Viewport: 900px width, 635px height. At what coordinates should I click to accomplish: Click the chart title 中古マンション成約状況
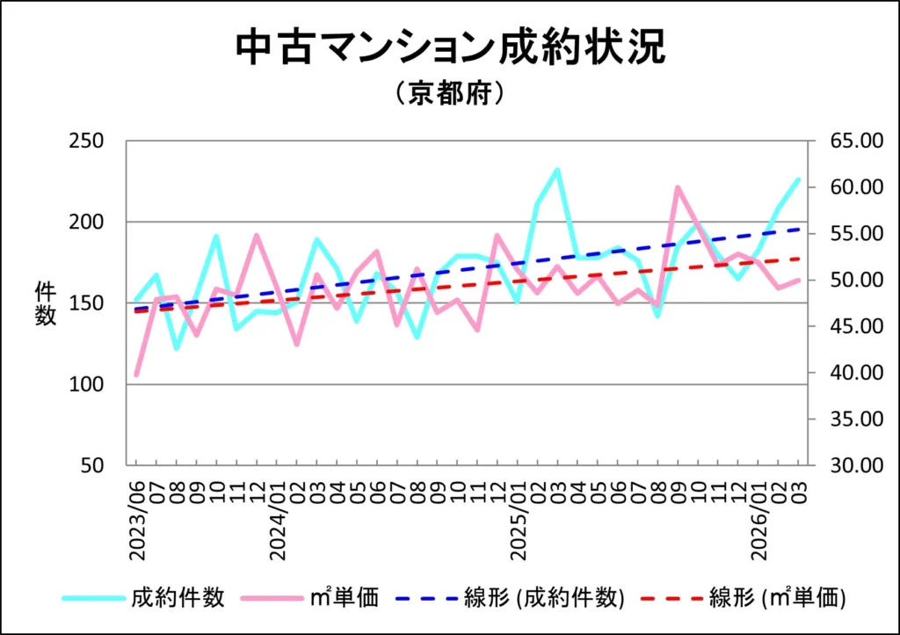tap(450, 48)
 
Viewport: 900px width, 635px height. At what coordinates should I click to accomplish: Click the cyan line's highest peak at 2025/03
tap(557, 170)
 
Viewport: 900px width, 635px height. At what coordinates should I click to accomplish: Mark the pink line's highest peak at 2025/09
tap(677, 187)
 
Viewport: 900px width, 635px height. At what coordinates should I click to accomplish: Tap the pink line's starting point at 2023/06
tap(136, 376)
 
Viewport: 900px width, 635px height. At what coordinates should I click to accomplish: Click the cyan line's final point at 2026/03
tap(798, 179)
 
